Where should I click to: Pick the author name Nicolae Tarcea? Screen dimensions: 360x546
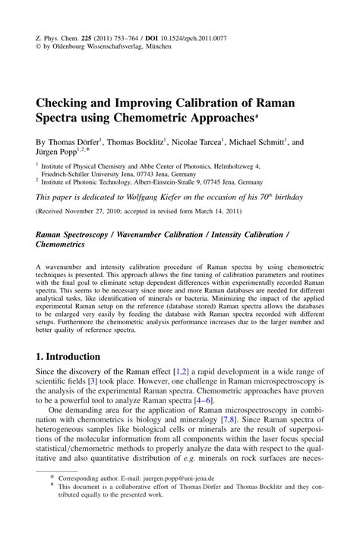point(197,141)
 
